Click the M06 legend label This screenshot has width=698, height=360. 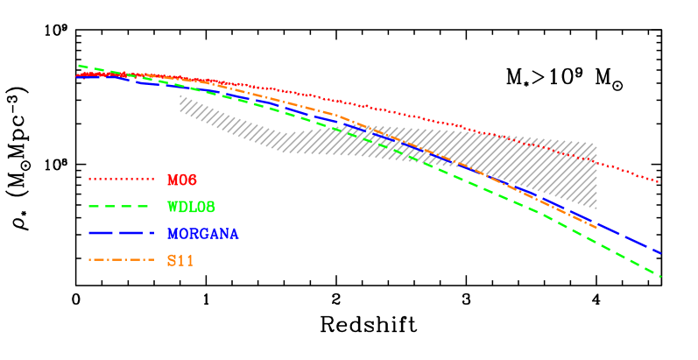182,180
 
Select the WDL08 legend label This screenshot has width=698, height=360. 191,207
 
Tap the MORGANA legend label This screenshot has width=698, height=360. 202,234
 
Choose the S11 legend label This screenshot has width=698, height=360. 180,260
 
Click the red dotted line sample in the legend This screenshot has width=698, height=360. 121,180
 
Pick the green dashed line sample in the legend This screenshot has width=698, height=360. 121,207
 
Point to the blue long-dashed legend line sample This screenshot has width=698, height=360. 121,233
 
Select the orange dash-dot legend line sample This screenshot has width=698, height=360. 121,260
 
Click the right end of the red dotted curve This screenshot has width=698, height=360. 658,181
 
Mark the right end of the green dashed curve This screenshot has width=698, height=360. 659,276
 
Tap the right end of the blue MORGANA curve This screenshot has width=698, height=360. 660,253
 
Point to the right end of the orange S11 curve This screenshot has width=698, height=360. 597,229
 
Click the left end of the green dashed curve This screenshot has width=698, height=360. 79,66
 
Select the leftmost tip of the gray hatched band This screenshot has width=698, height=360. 180,97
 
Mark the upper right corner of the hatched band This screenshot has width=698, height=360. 596,142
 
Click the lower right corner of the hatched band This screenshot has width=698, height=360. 596,208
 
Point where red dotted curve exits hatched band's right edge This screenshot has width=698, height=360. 596,162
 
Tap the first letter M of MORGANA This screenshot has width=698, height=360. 173,234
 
